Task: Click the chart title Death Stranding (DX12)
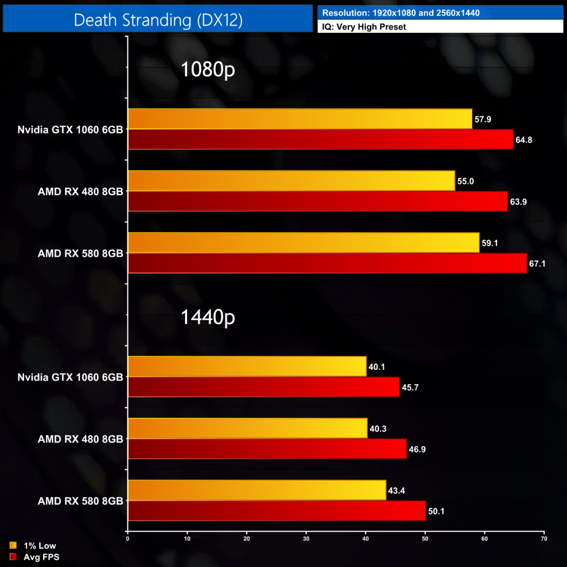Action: [x=158, y=20]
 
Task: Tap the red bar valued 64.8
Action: [x=321, y=139]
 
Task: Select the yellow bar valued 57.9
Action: [x=300, y=118]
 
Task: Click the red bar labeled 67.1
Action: [x=327, y=263]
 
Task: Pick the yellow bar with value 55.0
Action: [x=291, y=181]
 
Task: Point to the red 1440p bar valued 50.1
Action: [x=276, y=511]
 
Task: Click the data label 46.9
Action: [x=417, y=449]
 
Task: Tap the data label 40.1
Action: [x=377, y=367]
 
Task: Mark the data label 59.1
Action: [x=490, y=243]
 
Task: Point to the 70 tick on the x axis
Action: [x=544, y=538]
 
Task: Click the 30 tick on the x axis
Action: [x=306, y=538]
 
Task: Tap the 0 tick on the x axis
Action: [x=128, y=538]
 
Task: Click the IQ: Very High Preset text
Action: [x=364, y=27]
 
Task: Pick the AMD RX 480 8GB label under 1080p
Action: [x=80, y=192]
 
